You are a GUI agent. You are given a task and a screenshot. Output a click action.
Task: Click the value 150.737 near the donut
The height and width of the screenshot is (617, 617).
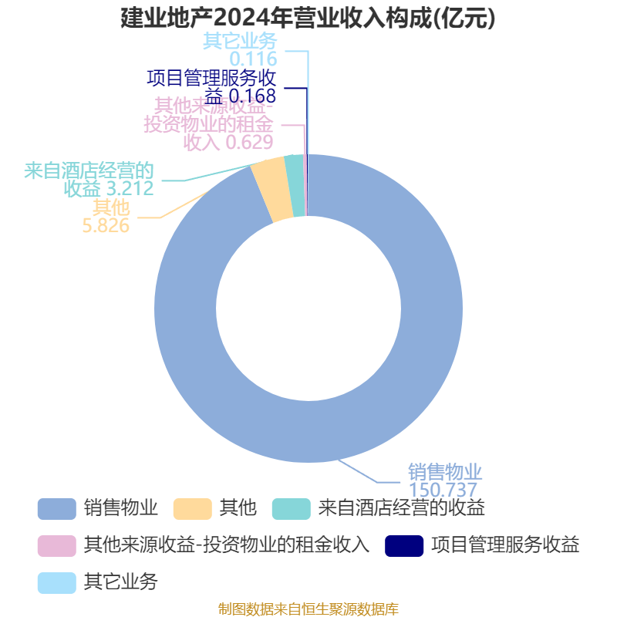click(x=443, y=490)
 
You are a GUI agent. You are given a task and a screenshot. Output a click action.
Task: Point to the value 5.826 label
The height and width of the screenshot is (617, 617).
click(x=106, y=225)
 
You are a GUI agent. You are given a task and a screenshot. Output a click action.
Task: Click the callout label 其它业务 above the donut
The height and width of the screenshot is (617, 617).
click(x=240, y=41)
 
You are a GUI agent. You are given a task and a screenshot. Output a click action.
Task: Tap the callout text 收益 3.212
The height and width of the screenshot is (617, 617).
click(x=109, y=189)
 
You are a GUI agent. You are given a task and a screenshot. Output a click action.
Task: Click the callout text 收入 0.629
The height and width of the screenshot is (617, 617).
click(x=228, y=142)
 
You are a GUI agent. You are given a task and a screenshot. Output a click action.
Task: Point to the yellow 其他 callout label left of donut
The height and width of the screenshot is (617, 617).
click(x=111, y=207)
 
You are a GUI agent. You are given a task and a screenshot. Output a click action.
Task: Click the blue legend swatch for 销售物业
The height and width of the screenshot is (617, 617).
click(x=57, y=508)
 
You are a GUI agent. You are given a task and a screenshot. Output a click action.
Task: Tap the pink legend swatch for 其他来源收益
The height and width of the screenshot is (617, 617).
click(x=57, y=545)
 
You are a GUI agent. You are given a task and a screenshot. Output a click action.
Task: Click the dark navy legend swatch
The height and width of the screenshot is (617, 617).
click(x=404, y=545)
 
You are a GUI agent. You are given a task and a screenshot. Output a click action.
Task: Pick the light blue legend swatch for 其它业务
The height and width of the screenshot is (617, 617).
click(x=57, y=582)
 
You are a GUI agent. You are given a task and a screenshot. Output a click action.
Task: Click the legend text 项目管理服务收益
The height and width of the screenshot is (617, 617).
click(x=505, y=545)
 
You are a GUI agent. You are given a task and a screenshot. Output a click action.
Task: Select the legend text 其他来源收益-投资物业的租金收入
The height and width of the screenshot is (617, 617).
click(x=226, y=545)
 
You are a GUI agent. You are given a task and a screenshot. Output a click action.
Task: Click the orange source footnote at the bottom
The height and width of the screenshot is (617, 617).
click(x=308, y=609)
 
